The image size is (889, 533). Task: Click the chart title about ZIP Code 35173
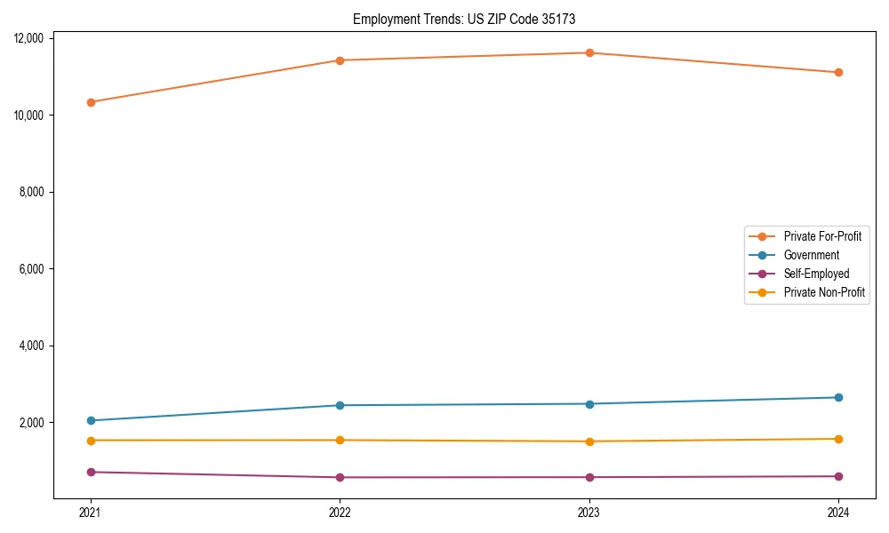click(x=470, y=19)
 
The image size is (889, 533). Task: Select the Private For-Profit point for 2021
click(x=91, y=102)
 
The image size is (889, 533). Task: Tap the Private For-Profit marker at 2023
click(x=589, y=52)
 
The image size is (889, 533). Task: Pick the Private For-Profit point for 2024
click(x=838, y=72)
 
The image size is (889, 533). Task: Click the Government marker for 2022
click(x=340, y=405)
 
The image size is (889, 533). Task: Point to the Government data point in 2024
click(x=838, y=397)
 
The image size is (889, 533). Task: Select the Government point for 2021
click(x=91, y=420)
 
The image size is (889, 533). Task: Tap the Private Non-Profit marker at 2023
click(x=589, y=442)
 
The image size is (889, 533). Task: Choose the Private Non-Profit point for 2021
click(x=91, y=440)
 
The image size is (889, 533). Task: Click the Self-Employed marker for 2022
click(x=340, y=477)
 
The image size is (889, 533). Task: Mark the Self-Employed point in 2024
click(x=838, y=476)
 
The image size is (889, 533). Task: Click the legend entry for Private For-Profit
click(x=822, y=236)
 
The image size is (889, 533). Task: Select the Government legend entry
click(x=811, y=255)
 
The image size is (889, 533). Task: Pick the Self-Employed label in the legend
click(x=816, y=274)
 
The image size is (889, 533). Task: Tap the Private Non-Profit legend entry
click(x=824, y=292)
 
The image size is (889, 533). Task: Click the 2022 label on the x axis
click(x=340, y=512)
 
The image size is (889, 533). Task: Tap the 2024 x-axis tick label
click(x=838, y=512)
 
